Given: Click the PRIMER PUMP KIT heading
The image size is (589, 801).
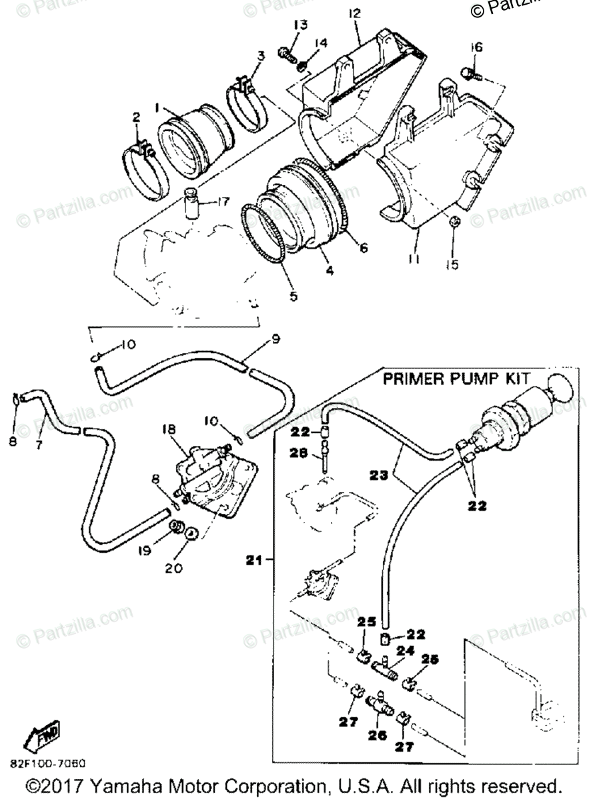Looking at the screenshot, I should click(x=452, y=380).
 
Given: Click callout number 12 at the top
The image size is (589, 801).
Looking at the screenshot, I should click(x=354, y=13).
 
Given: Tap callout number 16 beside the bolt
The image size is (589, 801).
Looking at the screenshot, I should click(x=476, y=47).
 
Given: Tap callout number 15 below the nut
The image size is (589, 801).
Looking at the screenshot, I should click(x=452, y=264).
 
